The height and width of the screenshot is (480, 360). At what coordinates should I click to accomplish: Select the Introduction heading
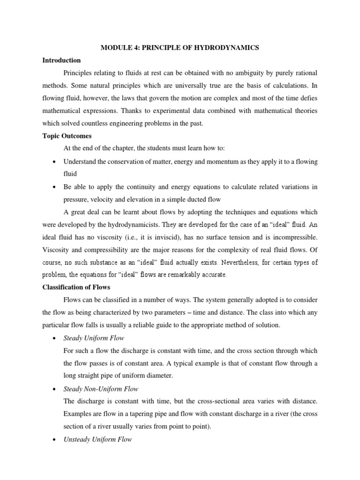[x=61, y=60]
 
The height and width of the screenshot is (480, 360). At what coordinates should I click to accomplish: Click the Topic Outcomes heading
[x=67, y=136]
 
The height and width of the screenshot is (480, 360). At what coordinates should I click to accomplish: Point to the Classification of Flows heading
[x=76, y=287]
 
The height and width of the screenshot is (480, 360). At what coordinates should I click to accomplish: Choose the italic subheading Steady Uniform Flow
[x=94, y=338]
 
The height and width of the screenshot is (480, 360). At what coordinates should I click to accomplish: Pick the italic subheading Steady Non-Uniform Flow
[x=101, y=389]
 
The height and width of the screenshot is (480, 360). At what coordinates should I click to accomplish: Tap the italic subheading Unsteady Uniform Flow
[x=97, y=440]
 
